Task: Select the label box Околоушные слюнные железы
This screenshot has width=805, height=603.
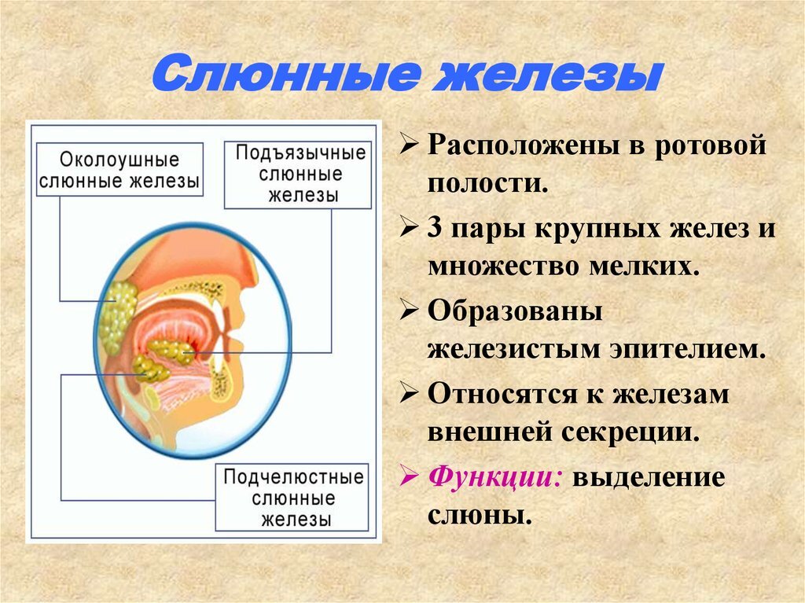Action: (x=119, y=170)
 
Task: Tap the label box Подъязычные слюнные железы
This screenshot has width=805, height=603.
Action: (x=298, y=175)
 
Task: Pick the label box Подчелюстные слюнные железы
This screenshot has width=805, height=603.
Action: (x=292, y=498)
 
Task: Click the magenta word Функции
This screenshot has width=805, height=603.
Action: (x=495, y=478)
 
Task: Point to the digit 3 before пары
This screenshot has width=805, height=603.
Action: (x=434, y=227)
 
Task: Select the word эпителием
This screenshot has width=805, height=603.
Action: (x=688, y=350)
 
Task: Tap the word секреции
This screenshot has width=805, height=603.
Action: (x=630, y=432)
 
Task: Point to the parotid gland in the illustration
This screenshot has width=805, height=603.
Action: (x=118, y=316)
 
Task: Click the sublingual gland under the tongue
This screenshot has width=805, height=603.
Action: (x=171, y=351)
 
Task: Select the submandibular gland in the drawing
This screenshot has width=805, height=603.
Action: (x=149, y=368)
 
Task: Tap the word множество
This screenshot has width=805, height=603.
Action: (x=504, y=267)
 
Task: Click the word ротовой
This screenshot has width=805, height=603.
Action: (x=711, y=146)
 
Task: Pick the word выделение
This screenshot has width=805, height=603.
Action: (x=649, y=478)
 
